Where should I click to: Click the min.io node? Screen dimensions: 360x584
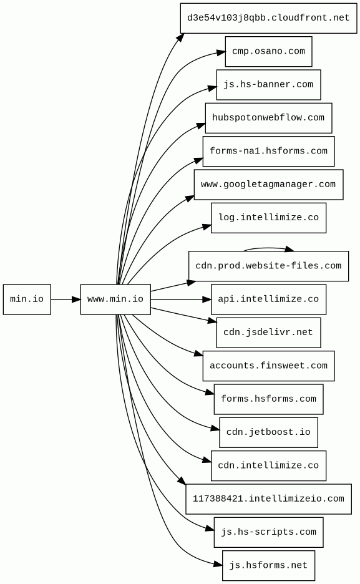click(27, 299)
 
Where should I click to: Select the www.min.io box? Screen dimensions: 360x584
click(115, 299)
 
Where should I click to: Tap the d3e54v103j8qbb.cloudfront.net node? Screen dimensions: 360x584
click(268, 18)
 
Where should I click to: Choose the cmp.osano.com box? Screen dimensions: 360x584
click(268, 51)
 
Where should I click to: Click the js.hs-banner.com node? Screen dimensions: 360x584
click(268, 85)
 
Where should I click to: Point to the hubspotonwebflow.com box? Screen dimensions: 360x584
click(268, 118)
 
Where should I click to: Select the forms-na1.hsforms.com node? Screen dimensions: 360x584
click(268, 151)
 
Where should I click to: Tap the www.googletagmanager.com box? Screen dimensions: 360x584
click(268, 184)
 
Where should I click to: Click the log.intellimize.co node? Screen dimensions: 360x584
click(268, 218)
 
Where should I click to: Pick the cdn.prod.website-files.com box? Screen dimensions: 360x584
click(268, 266)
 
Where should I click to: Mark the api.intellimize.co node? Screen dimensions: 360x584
click(268, 299)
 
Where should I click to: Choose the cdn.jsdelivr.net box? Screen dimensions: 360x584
click(268, 333)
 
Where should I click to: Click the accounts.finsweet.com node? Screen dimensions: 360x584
click(268, 366)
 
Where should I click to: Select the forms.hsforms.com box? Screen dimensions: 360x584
click(268, 399)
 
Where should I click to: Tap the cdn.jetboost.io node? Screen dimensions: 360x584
click(268, 432)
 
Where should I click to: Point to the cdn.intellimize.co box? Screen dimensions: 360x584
click(268, 465)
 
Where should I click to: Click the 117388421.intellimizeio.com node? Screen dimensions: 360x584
click(268, 499)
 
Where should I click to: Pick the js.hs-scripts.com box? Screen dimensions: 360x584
click(268, 532)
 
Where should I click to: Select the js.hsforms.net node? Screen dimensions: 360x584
click(268, 565)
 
